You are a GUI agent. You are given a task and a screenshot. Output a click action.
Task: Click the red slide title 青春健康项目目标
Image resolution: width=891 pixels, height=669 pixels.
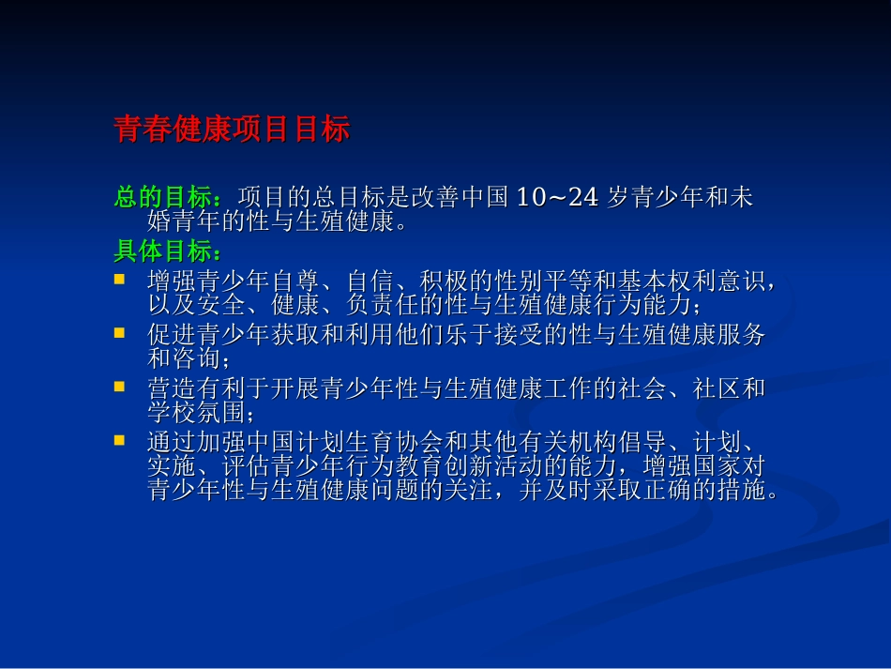point(231,129)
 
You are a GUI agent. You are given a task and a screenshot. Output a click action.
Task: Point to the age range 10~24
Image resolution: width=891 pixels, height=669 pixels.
point(557,198)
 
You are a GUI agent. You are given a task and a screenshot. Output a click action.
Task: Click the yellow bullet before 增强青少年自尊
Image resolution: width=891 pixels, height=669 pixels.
point(119,279)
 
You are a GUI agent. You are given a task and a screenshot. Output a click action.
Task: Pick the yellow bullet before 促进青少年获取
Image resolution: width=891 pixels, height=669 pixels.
point(119,332)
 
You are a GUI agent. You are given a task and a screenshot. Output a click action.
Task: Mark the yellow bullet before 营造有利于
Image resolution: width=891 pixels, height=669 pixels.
point(119,386)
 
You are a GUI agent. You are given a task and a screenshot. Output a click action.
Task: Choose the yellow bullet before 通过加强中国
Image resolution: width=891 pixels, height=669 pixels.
point(119,439)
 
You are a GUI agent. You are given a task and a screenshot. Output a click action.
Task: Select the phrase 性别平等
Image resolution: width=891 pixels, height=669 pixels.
point(536,281)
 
